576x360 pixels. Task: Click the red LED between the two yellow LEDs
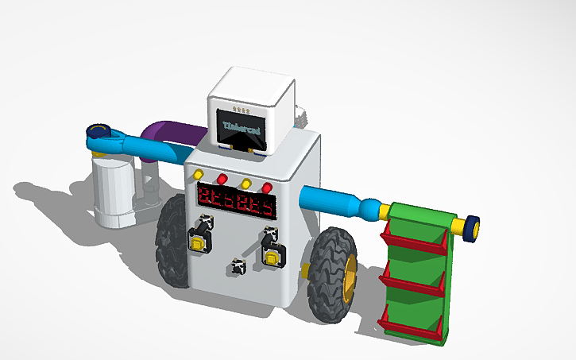(222, 177)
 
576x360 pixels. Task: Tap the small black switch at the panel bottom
(236, 268)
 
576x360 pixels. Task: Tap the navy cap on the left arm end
(99, 131)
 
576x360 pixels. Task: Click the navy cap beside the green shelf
(472, 228)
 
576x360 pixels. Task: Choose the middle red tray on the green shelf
(412, 283)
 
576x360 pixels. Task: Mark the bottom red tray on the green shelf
(412, 325)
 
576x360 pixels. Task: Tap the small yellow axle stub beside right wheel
(305, 270)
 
